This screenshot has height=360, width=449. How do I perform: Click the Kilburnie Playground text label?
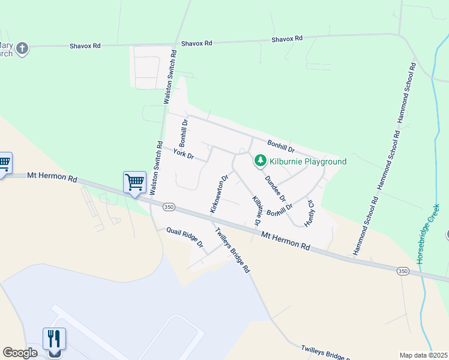click(308, 161)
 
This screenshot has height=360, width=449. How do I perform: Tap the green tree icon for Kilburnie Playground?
click(261, 161)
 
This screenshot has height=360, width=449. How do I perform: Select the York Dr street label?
click(183, 154)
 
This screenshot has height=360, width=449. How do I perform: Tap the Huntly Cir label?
click(310, 212)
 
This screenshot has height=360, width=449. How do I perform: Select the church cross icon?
click(22, 49)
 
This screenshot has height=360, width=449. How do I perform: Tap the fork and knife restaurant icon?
click(54, 339)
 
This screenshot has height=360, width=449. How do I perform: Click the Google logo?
click(20, 353)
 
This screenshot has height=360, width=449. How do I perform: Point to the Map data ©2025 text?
click(423, 355)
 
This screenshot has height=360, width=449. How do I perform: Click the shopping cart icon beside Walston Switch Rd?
click(134, 181)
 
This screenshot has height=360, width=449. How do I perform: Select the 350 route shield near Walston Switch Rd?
click(169, 206)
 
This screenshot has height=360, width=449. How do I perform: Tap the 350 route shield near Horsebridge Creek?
click(402, 271)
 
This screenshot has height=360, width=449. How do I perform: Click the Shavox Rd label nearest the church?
click(85, 46)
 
